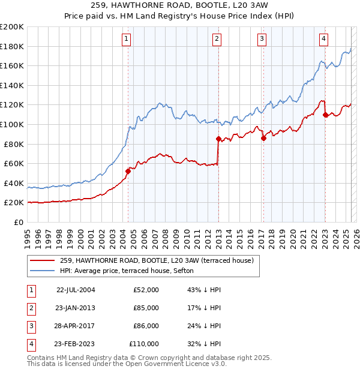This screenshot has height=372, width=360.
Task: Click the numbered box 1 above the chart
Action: click(127, 40)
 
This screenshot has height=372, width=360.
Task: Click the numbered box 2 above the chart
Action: click(217, 40)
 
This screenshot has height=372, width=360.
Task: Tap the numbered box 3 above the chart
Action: click(262, 40)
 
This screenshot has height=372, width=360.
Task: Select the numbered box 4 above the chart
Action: click(323, 40)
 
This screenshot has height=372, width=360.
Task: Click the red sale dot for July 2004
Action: click(128, 171)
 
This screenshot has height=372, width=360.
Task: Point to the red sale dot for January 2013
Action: click(218, 139)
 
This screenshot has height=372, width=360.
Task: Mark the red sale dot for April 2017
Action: click(263, 138)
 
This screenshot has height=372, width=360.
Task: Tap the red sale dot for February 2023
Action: click(325, 115)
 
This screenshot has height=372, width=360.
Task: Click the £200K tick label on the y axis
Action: click(12, 26)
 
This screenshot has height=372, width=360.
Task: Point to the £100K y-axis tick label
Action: click(12, 124)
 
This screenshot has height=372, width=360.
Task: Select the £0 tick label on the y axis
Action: click(18, 222)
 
